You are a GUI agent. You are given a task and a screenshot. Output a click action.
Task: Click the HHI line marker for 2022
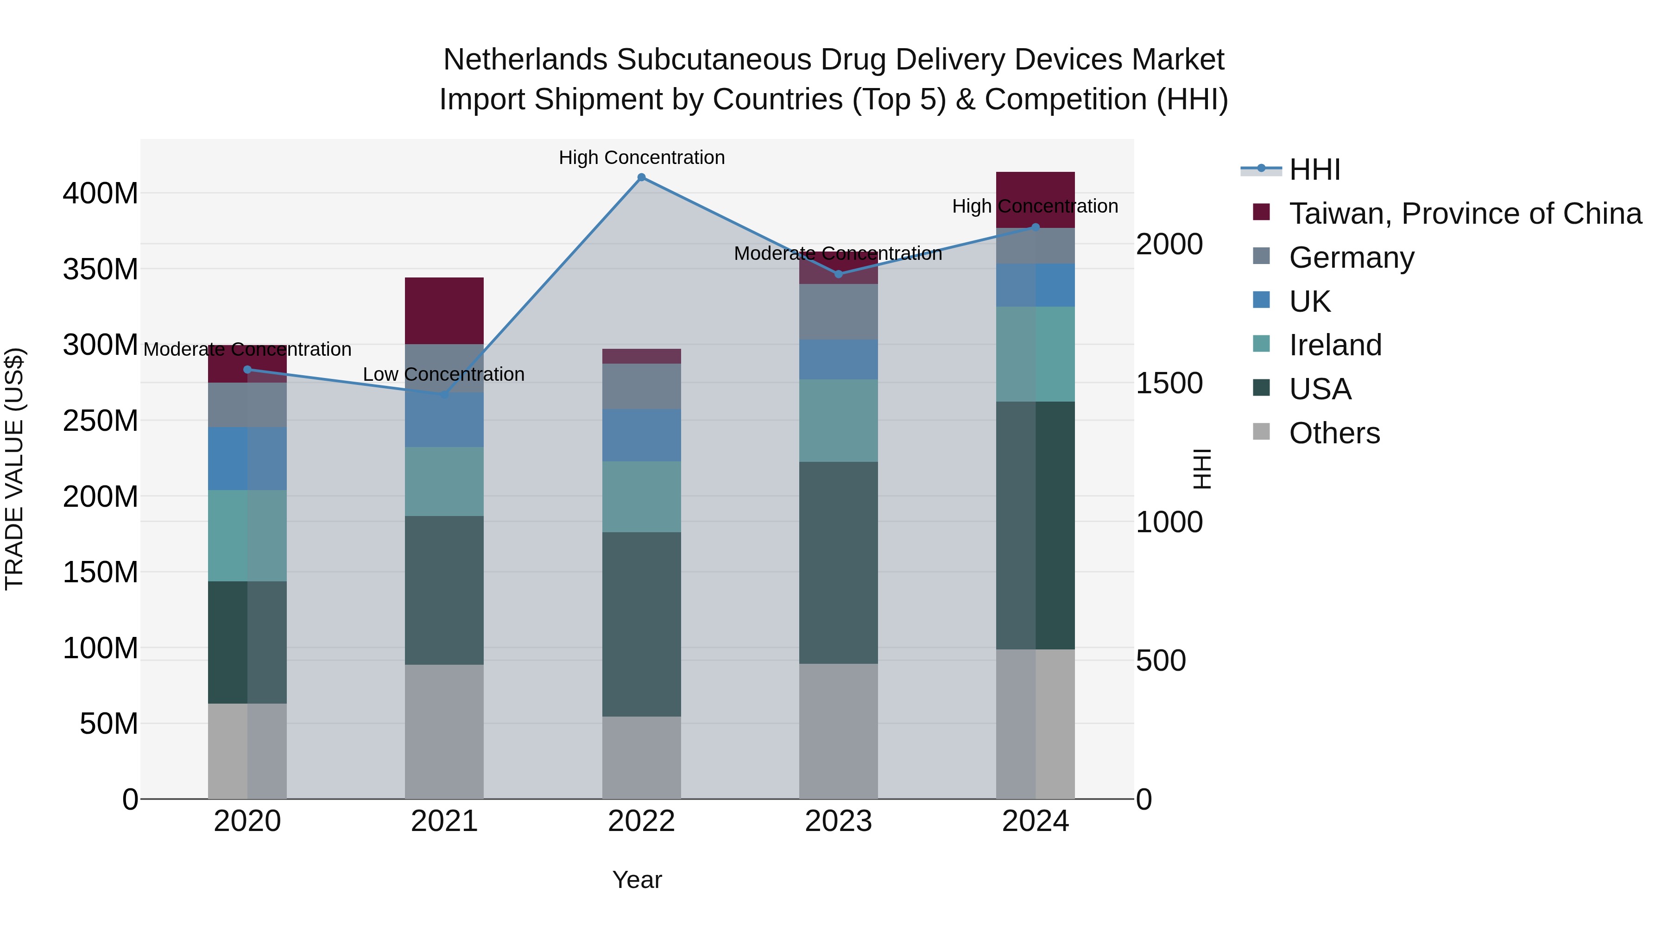click(x=641, y=177)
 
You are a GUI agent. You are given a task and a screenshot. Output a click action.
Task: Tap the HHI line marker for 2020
click(x=247, y=370)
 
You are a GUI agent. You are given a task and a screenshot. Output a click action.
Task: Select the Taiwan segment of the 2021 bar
click(x=444, y=311)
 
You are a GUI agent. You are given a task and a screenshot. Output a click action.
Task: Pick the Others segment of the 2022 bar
click(x=641, y=757)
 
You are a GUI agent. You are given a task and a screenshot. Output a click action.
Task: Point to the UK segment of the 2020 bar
click(x=247, y=458)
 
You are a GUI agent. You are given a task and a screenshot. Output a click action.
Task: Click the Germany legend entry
click(x=1352, y=258)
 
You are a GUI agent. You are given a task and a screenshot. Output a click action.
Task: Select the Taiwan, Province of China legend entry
click(x=1465, y=214)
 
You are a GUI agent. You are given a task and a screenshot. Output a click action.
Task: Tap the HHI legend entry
click(x=1314, y=170)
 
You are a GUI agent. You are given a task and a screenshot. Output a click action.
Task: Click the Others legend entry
click(x=1334, y=433)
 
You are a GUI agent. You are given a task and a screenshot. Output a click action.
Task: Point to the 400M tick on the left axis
click(x=101, y=193)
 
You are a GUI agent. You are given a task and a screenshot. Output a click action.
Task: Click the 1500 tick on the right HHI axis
click(x=1169, y=383)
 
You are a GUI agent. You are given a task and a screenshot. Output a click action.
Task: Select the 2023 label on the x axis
click(x=839, y=821)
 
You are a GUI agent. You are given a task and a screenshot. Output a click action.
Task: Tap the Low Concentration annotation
click(x=443, y=374)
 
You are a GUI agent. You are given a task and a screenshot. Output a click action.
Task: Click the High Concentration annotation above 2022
click(x=641, y=157)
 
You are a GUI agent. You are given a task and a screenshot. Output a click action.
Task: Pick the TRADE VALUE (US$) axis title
click(x=14, y=469)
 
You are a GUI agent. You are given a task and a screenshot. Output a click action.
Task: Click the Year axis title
click(x=637, y=880)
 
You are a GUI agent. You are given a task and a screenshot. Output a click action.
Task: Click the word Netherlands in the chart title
click(x=525, y=60)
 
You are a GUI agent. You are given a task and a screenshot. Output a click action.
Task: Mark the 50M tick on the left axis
click(x=109, y=724)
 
